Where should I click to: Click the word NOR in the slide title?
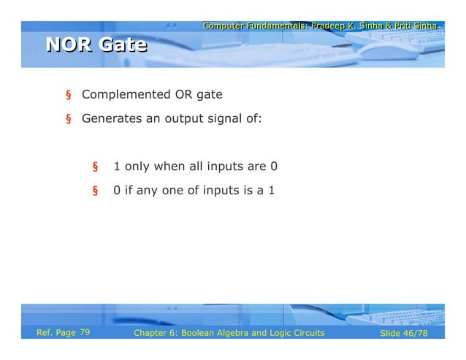tap(69, 45)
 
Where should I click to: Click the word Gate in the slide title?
tap(123, 45)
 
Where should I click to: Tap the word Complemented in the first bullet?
tap(126, 95)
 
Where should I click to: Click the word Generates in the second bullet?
tap(110, 118)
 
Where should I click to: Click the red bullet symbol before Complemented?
tap(69, 96)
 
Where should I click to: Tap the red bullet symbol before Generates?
tap(69, 119)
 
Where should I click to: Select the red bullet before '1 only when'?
tap(94, 167)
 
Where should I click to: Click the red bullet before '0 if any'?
tap(94, 192)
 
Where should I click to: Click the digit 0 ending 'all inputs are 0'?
tap(274, 166)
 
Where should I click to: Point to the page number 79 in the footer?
tap(85, 333)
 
